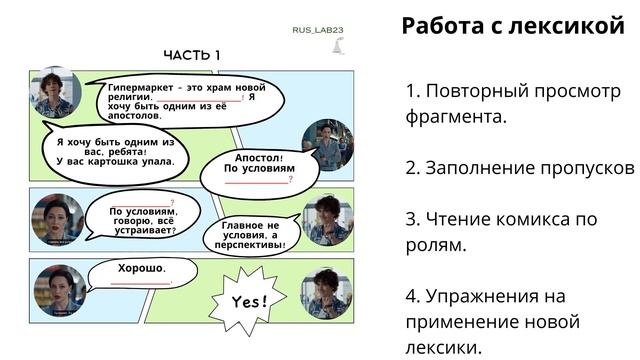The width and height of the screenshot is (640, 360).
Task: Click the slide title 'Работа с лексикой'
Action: click(x=512, y=26)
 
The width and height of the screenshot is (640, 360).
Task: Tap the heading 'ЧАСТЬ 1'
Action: click(x=191, y=55)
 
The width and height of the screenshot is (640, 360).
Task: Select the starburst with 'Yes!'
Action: click(x=248, y=300)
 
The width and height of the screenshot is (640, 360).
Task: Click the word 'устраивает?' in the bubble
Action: click(x=142, y=231)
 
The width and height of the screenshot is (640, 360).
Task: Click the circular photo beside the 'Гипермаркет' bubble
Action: click(x=55, y=93)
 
